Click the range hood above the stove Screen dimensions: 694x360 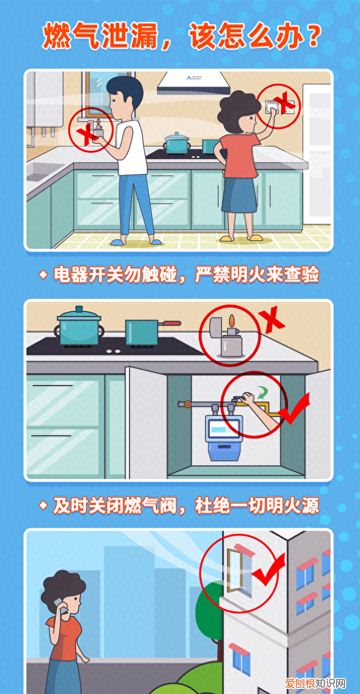click(193, 83)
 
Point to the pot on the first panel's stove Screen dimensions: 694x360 click(177, 142)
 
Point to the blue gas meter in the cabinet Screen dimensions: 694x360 click(223, 436)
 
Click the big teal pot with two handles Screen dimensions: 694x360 click(79, 326)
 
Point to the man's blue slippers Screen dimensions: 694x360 click(136, 241)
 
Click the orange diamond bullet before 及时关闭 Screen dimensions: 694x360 click(43, 505)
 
